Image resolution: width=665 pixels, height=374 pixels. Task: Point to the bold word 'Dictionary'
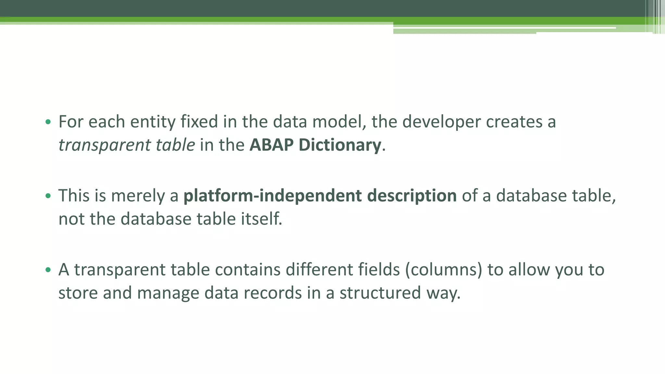340,145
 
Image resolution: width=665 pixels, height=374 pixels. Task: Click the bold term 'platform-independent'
272,196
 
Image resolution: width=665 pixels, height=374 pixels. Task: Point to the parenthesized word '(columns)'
444,269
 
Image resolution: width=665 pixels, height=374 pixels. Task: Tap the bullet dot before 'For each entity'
48,122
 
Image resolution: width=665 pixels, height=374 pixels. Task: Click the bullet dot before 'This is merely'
48,196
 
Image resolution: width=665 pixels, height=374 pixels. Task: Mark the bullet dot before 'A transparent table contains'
48,270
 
